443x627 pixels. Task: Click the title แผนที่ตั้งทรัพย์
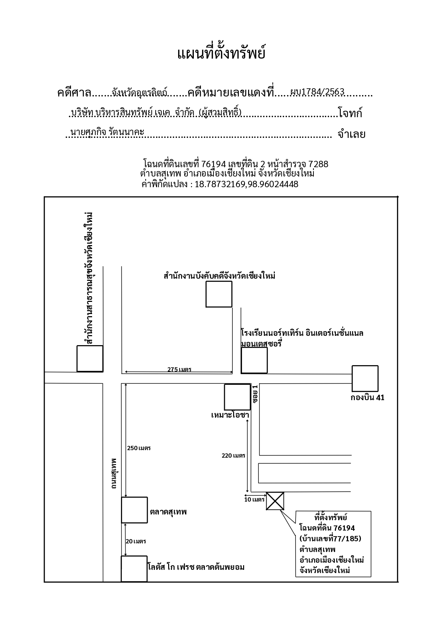221,54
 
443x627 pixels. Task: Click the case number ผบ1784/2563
317,92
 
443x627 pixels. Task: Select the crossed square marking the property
275,501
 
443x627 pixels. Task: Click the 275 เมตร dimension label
179,369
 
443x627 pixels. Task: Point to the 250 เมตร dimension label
139,448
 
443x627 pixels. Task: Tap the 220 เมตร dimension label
233,456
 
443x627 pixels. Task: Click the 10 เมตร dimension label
255,499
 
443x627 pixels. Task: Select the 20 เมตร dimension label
136,541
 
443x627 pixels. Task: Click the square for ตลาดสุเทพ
134,510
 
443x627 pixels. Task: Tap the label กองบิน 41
367,398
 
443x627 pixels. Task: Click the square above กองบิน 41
365,378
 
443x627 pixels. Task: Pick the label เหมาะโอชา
230,415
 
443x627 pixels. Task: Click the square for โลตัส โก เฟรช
134,569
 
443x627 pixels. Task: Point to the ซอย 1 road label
255,394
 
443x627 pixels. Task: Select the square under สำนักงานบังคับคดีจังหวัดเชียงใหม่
219,294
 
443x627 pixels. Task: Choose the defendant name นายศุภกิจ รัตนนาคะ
107,132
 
